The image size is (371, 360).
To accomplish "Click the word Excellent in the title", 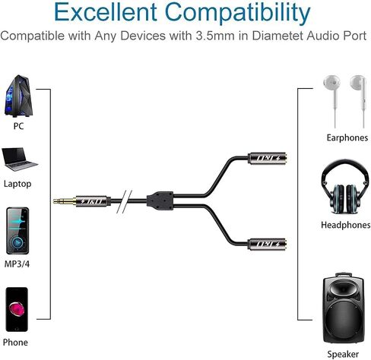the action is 106,12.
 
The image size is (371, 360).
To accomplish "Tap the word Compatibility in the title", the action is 238,13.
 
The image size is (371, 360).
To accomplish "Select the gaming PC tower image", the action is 19,96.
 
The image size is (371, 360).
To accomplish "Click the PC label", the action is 18,126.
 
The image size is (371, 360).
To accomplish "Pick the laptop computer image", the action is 19,159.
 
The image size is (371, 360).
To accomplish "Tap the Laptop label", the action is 17,184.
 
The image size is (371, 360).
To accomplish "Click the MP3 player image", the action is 17,231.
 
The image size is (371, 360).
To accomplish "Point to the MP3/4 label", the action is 17,264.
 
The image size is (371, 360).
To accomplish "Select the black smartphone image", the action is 17,309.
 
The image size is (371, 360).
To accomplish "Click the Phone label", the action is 15,343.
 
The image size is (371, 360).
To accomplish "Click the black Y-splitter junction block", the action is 160,201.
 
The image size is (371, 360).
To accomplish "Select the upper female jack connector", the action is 267,159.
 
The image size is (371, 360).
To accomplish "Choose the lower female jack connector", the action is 267,244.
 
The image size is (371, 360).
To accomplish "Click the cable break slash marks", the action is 125,201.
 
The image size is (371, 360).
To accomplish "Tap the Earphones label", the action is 347,137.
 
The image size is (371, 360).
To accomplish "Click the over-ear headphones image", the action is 345,187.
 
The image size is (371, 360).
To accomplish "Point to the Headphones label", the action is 346,225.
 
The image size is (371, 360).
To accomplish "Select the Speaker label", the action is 343,354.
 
